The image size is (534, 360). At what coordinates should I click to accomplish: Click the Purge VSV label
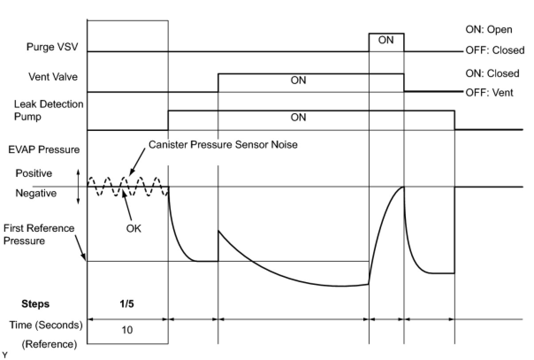pos(52,47)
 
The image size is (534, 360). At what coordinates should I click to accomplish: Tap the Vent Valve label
pos(53,77)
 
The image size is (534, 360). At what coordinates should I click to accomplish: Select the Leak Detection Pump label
pos(49,111)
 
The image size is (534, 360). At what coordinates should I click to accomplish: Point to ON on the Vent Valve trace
pos(298,80)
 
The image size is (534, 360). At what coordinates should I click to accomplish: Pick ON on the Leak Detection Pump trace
pos(298,118)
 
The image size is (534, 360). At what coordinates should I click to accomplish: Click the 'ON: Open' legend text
pos(488,30)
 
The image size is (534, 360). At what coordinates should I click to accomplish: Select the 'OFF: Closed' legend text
pos(495,50)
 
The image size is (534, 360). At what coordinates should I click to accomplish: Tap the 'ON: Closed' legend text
pos(492,73)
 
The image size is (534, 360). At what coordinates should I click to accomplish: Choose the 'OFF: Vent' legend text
pos(489,93)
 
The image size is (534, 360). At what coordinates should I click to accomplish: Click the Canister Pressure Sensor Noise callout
pos(223,145)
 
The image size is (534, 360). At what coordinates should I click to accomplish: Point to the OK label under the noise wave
pos(134,230)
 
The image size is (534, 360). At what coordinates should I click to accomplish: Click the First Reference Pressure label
pos(39,234)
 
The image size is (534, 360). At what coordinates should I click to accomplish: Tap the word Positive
pos(34,173)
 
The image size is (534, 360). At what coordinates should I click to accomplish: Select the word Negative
pos(36,193)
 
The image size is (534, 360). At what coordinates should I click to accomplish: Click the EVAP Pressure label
pos(44,149)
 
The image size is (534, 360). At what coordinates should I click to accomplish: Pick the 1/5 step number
pos(128,304)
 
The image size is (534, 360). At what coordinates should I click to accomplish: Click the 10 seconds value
pos(127,329)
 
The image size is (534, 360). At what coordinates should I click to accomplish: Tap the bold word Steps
pos(35,304)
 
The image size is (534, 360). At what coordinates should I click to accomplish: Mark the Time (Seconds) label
pos(46,325)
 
